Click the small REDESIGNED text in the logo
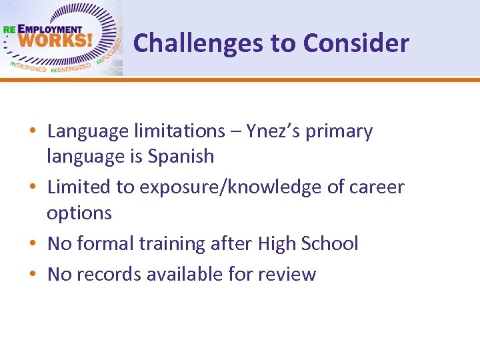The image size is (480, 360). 28,67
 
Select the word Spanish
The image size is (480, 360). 181,157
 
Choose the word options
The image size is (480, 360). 79,213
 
